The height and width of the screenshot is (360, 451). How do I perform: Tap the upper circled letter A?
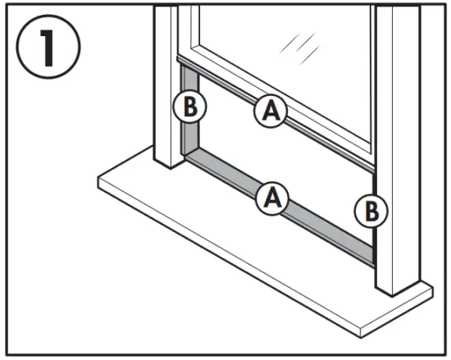271,111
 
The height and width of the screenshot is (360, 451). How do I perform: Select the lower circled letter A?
271,198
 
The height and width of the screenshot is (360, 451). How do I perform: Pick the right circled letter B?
369,211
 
